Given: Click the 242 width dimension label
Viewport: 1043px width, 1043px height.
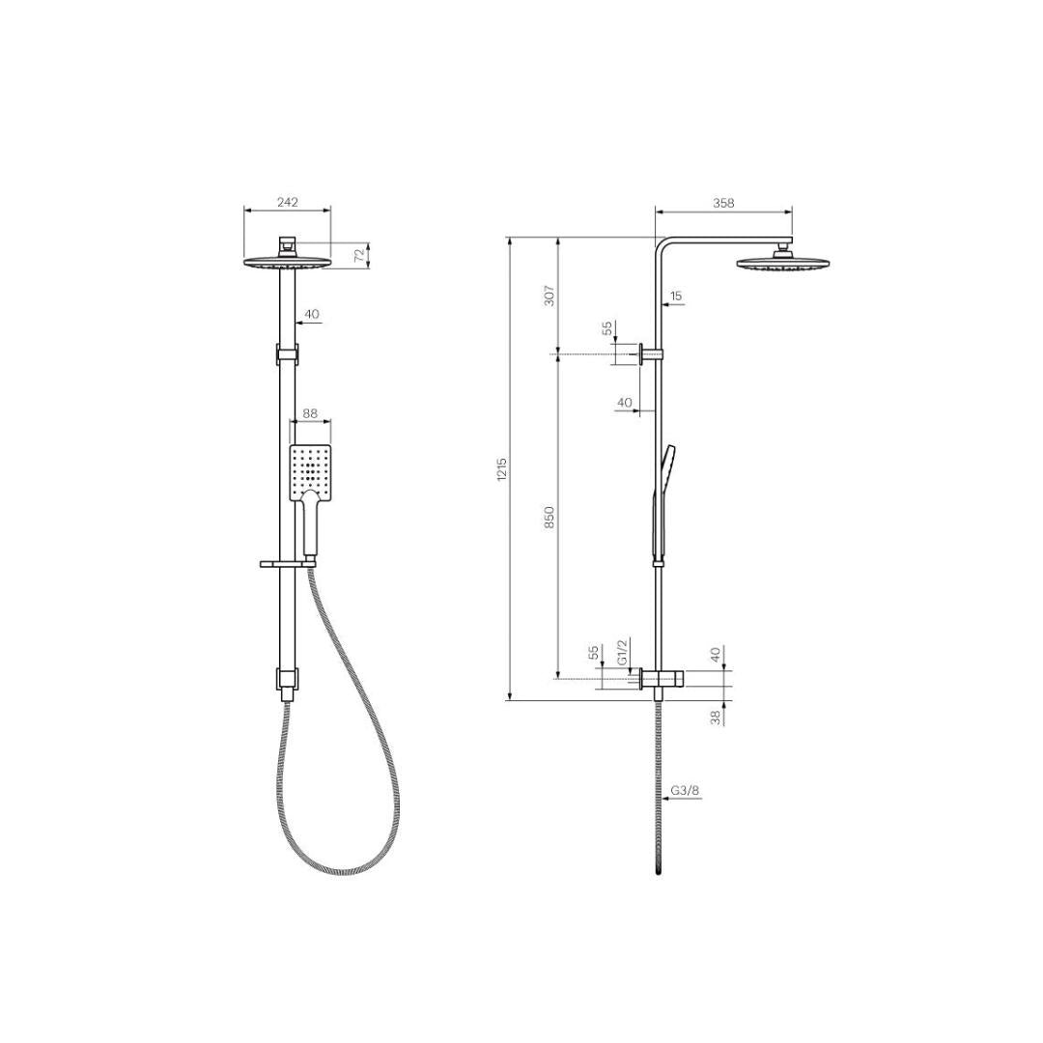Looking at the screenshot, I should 288,202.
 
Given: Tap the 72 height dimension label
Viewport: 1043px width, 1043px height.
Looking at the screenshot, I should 359,256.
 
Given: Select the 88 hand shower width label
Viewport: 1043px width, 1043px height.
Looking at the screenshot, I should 310,413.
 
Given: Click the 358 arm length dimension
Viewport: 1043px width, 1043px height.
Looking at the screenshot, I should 723,203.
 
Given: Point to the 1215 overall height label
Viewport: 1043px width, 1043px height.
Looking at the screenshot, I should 501,470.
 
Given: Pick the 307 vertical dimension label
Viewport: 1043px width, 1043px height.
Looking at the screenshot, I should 550,296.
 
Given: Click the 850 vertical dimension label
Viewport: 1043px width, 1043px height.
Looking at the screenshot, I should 550,517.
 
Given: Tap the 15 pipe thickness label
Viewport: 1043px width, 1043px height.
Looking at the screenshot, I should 676,296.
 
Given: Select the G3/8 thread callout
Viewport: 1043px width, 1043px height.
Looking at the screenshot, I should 685,791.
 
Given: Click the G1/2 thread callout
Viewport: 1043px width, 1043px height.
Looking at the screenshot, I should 623,652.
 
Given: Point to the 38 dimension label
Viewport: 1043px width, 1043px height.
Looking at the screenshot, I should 716,718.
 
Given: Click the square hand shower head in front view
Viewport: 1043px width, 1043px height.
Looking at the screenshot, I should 311,473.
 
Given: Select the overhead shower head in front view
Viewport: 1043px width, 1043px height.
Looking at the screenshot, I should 287,262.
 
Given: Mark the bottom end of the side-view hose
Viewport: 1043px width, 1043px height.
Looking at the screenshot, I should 659,871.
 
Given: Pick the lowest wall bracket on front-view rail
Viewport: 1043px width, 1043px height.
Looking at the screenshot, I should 287,682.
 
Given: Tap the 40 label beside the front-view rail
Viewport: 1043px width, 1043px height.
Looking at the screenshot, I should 312,314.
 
